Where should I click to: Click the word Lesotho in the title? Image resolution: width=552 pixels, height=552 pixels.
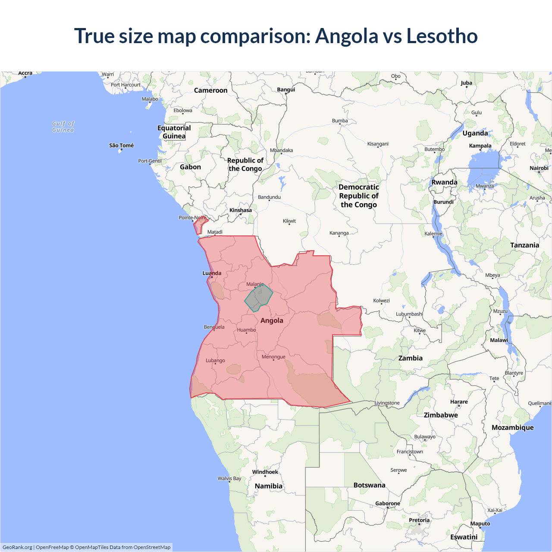point(442,36)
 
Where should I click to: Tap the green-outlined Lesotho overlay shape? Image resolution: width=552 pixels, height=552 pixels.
point(259,297)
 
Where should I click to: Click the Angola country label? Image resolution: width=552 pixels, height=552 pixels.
point(272,320)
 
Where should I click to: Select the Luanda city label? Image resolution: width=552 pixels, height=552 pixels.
point(212,273)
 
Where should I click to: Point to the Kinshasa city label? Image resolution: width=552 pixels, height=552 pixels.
point(240,210)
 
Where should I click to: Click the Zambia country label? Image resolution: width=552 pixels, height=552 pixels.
point(410,358)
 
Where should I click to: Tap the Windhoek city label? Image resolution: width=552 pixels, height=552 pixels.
point(265,472)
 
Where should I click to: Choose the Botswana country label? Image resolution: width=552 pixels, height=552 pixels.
point(369,485)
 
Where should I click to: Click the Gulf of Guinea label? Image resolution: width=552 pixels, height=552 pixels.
point(63,127)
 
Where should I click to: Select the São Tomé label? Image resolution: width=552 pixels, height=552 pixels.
point(121,145)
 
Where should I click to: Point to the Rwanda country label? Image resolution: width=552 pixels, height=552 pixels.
point(444,182)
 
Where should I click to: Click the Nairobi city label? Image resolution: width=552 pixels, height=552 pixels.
point(539,168)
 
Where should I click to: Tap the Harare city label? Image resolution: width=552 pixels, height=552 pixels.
point(459,401)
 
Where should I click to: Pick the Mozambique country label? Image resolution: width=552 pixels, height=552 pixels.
point(512,427)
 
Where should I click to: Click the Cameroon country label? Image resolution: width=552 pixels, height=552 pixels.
point(210,90)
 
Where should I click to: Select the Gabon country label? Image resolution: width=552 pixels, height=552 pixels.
point(190,167)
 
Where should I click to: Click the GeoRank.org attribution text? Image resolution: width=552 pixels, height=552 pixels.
point(17,547)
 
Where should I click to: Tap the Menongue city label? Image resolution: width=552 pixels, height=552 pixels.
point(273,357)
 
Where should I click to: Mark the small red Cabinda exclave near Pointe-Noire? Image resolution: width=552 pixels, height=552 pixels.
point(199,226)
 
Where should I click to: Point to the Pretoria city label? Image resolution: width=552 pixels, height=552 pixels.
point(419,520)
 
